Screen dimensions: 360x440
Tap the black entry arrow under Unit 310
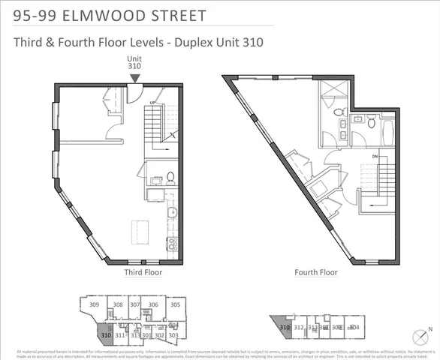[134, 77]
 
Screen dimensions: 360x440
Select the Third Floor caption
[143, 273]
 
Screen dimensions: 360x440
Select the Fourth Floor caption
[316, 273]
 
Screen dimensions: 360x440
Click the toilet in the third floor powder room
[170, 178]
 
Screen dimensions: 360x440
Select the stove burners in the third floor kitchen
[172, 242]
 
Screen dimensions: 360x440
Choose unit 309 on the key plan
[95, 305]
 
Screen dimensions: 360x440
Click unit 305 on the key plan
[174, 304]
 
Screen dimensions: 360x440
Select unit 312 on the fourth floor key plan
[298, 327]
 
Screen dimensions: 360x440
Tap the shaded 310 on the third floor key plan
[105, 335]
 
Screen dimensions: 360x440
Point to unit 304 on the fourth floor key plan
[354, 327]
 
